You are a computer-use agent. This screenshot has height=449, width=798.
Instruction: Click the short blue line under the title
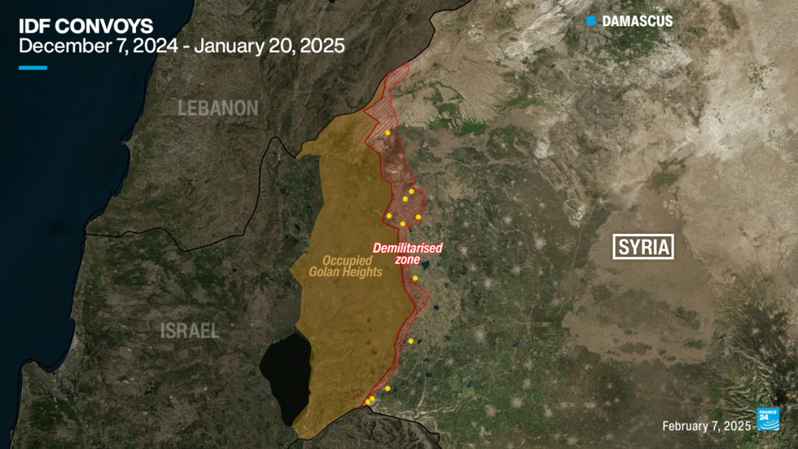(33, 68)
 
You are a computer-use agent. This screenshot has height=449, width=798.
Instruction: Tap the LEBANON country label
(218, 108)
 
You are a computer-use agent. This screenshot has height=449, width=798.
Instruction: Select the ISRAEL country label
(190, 330)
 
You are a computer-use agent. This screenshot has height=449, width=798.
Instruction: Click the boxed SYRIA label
(643, 247)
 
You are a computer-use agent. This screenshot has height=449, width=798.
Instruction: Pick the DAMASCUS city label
(637, 21)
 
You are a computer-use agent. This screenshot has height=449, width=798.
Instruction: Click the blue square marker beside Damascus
(591, 20)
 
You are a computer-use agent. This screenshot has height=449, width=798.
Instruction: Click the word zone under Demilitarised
(407, 260)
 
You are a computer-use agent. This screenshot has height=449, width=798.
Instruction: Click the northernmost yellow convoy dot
(388, 132)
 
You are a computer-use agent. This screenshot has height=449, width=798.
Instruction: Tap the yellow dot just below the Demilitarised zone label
(414, 279)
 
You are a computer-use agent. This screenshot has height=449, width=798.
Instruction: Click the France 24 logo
(769, 419)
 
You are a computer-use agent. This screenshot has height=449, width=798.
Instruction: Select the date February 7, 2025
(706, 426)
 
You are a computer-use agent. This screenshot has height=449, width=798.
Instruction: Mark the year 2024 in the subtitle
(154, 46)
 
